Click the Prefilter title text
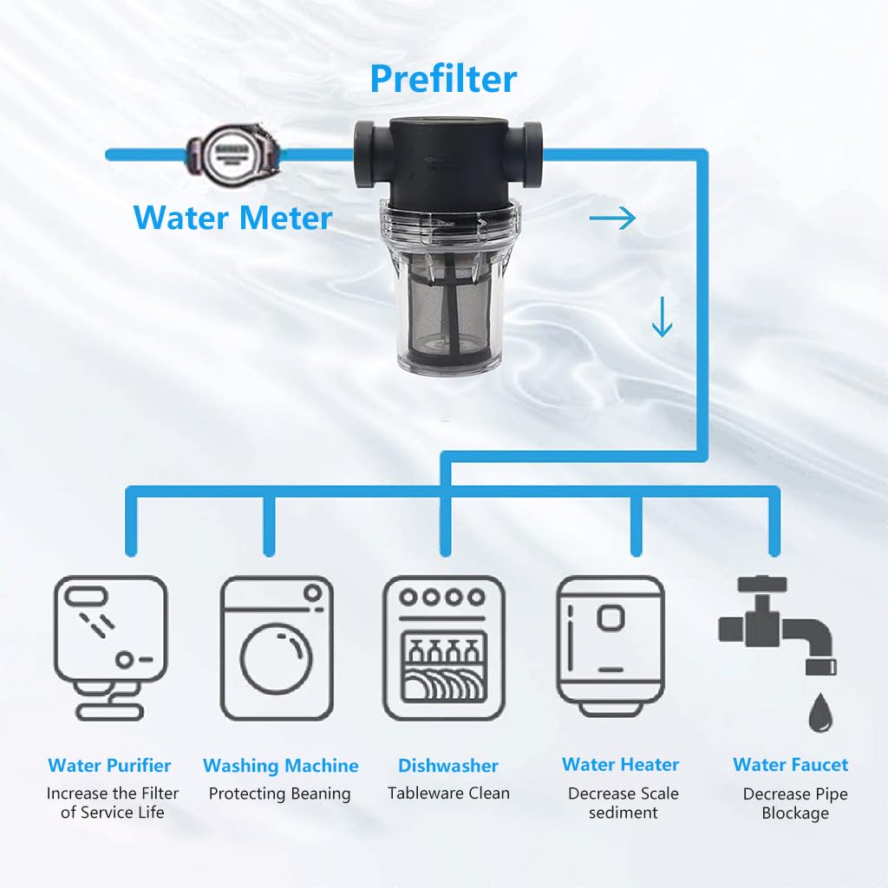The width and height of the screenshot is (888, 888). point(443,79)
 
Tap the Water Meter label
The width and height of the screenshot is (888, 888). point(232,217)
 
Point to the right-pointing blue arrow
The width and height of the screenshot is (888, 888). point(612,219)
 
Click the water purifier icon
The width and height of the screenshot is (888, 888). point(109,646)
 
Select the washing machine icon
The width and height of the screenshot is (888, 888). point(277,648)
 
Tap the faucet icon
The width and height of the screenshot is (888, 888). point(777,624)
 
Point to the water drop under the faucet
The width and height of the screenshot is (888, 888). point(819,713)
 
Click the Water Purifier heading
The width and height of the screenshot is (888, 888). point(109,766)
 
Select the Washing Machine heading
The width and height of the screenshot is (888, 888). point(280,766)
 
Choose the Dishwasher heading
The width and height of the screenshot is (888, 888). point(447,766)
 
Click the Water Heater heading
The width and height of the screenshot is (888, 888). point(620,765)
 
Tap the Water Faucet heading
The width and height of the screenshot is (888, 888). point(790,765)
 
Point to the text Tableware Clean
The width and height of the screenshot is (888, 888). point(448,793)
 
